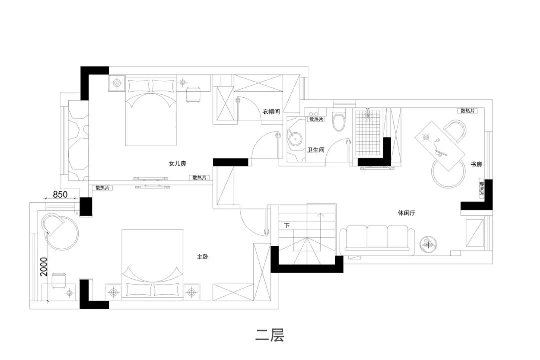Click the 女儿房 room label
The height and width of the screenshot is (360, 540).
177,164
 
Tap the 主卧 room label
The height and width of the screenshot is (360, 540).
203,257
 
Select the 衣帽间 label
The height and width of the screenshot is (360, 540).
271,112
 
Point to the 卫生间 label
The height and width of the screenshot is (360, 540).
316,150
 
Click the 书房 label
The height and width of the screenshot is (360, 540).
476,164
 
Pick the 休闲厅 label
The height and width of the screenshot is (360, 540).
406,213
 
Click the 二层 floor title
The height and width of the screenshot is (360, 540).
270,335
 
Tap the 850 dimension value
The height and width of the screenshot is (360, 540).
60,194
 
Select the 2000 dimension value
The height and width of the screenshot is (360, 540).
44,267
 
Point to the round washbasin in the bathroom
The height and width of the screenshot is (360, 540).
295,138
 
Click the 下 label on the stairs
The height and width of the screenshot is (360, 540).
287,226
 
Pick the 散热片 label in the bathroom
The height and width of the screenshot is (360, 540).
316,119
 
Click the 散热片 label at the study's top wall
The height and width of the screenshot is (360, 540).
468,111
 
